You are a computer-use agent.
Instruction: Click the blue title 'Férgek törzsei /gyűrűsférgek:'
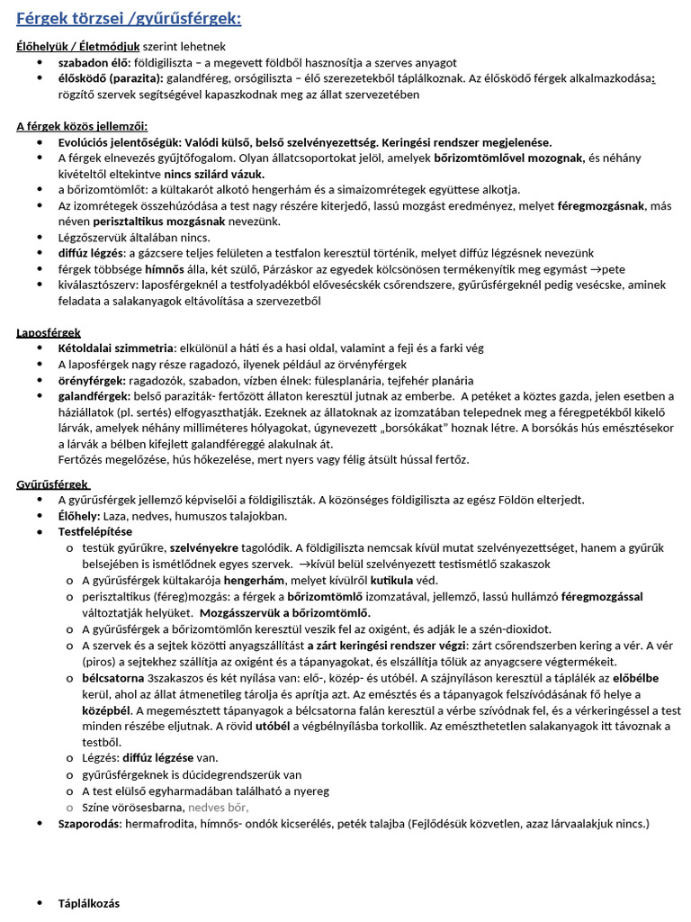(129, 18)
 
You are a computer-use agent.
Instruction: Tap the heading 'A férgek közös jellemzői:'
(82, 126)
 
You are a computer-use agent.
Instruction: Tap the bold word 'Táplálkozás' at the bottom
(88, 903)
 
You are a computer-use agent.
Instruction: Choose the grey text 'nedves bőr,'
(219, 807)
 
